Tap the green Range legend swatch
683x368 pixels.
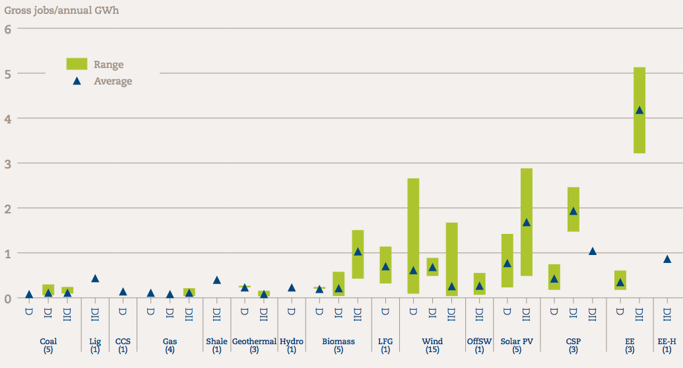77,64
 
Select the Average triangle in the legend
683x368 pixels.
77,81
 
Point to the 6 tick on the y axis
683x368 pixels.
8,29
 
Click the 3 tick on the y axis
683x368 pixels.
8,163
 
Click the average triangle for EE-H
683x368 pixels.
667,259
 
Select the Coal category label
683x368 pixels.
48,342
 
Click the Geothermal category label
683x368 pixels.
254,342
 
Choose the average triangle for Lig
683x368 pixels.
95,278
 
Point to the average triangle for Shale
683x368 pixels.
216,279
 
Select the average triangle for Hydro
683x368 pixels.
292,287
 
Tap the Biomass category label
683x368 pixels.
339,342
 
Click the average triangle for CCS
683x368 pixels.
123,291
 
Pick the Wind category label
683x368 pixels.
432,342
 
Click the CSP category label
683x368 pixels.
573,342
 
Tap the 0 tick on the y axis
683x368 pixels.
8,298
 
